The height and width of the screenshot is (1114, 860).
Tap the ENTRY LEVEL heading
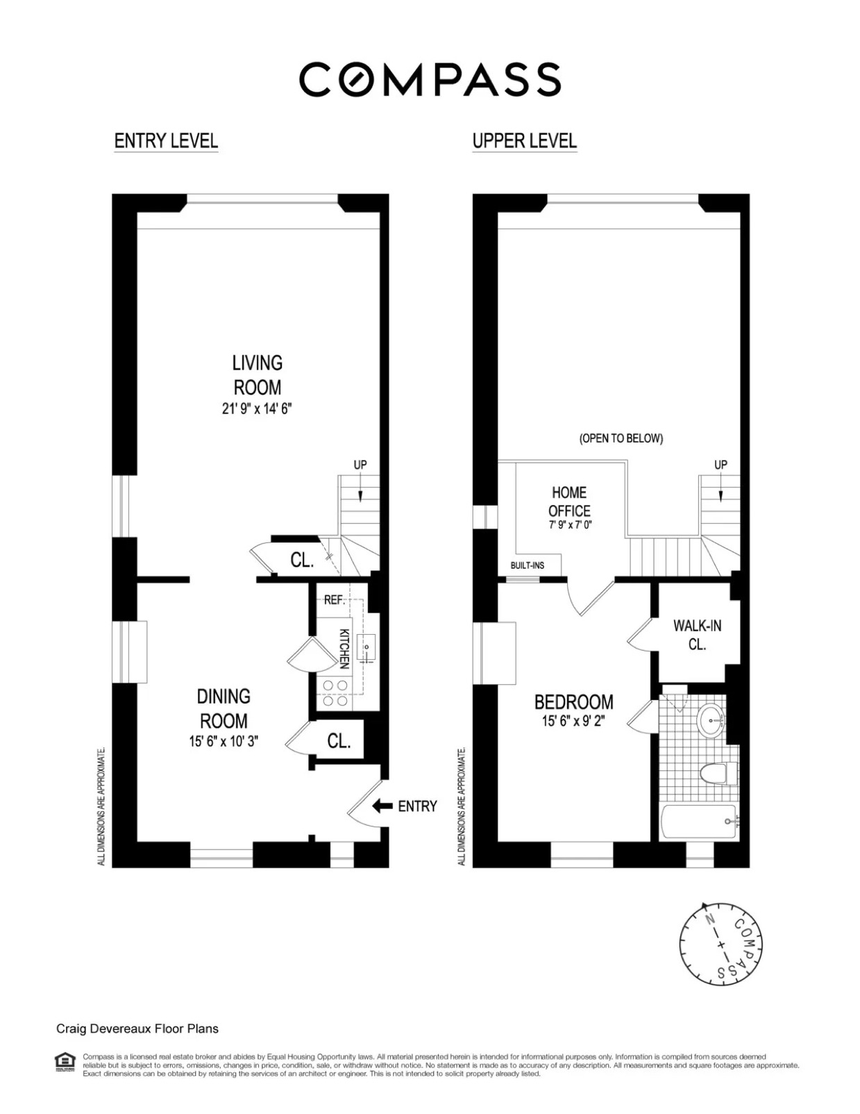click(166, 141)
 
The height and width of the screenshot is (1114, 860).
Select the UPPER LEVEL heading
click(524, 141)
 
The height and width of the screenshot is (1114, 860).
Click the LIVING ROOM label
click(257, 375)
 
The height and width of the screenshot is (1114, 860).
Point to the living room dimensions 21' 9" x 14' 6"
click(257, 409)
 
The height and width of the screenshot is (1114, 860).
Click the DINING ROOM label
click(223, 708)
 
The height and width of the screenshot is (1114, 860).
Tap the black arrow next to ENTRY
click(382, 806)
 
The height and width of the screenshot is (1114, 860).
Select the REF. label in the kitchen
click(335, 600)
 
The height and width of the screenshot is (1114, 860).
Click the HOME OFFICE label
click(569, 501)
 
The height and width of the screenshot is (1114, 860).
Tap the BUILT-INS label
click(528, 565)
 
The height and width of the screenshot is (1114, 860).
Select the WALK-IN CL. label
click(697, 635)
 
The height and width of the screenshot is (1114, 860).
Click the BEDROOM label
click(573, 701)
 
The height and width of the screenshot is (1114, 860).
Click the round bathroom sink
click(711, 720)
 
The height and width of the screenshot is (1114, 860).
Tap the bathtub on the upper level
click(698, 822)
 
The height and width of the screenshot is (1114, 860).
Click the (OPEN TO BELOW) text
click(621, 438)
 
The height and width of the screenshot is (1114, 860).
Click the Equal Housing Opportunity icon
click(65, 1062)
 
